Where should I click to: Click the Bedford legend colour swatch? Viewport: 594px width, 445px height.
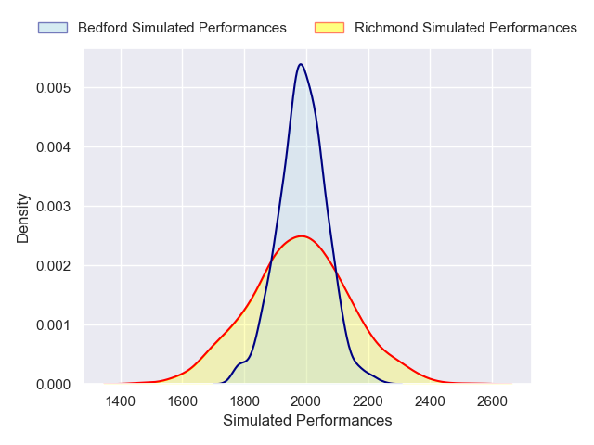tap(53, 28)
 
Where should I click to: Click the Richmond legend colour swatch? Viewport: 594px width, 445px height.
tap(329, 28)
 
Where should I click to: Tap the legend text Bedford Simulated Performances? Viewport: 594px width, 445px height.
tap(182, 28)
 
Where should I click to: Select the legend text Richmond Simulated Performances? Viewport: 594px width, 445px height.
tap(466, 28)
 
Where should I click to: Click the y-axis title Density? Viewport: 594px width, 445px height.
tap(23, 218)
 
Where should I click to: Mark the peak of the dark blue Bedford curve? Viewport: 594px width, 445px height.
tap(301, 64)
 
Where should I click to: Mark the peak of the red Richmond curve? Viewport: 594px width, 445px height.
tap(302, 235)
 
